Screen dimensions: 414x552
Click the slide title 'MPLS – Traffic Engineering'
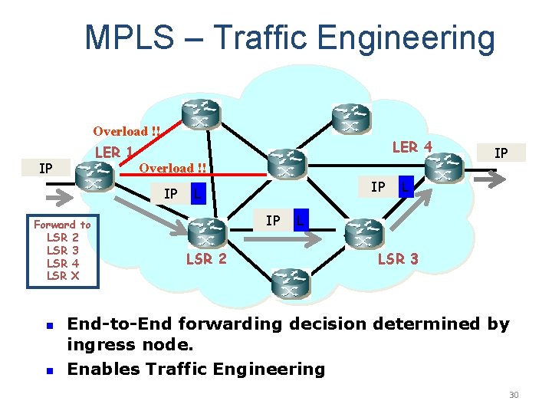point(290,38)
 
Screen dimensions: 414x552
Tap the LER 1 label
point(113,152)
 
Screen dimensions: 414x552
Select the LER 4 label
point(412,146)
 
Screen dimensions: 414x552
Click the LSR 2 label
point(206,258)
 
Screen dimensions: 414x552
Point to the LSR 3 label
point(398,258)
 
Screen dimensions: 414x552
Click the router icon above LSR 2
point(206,232)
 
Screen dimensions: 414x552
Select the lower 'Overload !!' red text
point(172,168)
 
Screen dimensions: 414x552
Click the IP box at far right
point(501,153)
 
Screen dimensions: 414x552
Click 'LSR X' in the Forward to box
point(62,275)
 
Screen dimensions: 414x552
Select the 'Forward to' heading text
point(62,225)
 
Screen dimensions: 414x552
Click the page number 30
point(514,395)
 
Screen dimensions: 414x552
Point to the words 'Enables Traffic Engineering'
point(196,369)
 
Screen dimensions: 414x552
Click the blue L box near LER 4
point(406,186)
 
